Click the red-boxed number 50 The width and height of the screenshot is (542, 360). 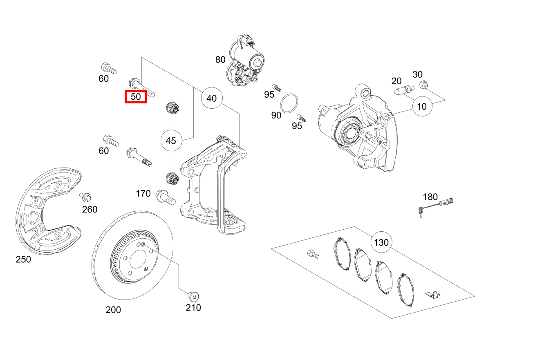[x=136, y=97]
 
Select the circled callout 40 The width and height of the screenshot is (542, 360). [x=211, y=98]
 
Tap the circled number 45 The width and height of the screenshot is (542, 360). [x=171, y=141]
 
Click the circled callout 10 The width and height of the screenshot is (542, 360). [x=422, y=107]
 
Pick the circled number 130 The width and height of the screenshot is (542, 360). [x=381, y=243]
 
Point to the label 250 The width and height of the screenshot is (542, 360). [x=23, y=259]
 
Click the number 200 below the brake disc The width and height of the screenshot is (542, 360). [x=113, y=310]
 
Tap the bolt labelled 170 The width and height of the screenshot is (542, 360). [x=166, y=199]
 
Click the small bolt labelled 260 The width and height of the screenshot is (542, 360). [x=85, y=197]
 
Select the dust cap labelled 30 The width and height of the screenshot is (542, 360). [x=423, y=85]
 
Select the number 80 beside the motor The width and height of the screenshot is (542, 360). [x=220, y=60]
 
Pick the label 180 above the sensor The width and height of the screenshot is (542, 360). [x=430, y=197]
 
